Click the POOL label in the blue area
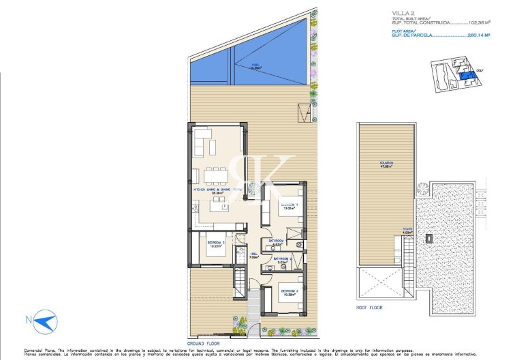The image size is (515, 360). tap(237, 67)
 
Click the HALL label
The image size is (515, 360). tap(253, 256)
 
